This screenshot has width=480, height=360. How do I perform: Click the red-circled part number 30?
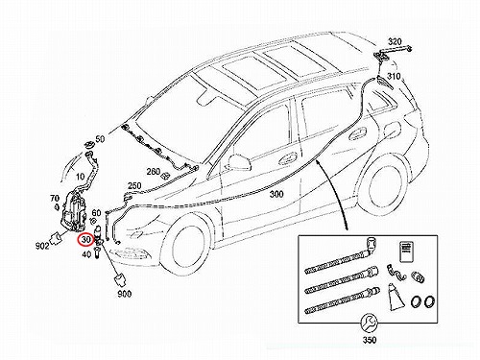[x=86, y=239]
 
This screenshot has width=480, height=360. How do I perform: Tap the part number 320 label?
[x=395, y=41]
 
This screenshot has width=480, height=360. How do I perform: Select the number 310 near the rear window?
[x=394, y=77]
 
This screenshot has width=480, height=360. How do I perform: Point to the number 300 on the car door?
[x=276, y=194]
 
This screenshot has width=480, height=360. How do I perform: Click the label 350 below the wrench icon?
[x=370, y=340]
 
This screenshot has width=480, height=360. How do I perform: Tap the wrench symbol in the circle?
[x=370, y=324]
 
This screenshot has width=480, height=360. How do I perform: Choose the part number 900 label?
[x=125, y=294]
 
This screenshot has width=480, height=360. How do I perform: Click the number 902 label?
[x=42, y=246]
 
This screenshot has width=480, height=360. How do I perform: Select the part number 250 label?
[x=134, y=186]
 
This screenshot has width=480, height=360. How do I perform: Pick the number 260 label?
[x=154, y=172]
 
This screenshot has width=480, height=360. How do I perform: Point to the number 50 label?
[x=100, y=139]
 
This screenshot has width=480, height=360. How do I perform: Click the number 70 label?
[x=55, y=199]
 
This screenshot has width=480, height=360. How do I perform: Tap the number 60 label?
[x=96, y=212]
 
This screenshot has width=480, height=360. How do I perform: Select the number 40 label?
[x=86, y=254]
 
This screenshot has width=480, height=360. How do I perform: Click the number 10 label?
[x=81, y=177]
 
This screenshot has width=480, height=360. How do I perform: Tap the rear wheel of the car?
[x=385, y=185]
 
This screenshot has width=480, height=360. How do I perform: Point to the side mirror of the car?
[x=239, y=163]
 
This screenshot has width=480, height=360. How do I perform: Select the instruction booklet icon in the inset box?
[x=407, y=252]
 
